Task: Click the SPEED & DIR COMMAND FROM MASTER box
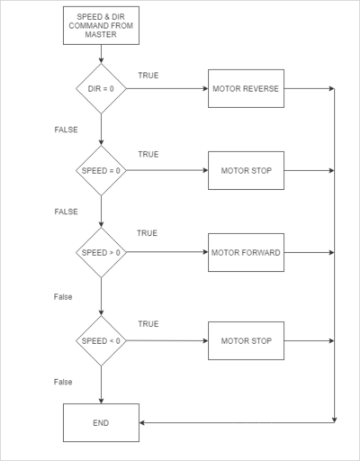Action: coord(101,25)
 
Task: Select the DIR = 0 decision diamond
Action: coord(101,88)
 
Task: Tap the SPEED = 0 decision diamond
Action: coord(101,170)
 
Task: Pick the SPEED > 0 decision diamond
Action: coord(101,252)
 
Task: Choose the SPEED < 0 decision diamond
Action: coord(101,340)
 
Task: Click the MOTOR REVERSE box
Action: coord(246,88)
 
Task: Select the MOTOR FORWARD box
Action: coord(246,252)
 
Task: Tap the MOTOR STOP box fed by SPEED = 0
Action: coord(246,170)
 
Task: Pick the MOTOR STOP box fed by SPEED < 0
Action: coord(246,340)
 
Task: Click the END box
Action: coord(101,422)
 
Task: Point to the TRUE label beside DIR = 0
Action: coord(148,76)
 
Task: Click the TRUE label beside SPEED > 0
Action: coord(147,233)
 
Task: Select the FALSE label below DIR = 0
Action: coord(66,130)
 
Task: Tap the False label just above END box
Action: coord(63,382)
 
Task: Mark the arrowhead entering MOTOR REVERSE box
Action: coord(206,88)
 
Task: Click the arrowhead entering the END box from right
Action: coord(142,422)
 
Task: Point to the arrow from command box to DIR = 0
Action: coord(101,54)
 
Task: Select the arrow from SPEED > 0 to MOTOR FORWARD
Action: coord(167,252)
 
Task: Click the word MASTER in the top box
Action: coord(101,34)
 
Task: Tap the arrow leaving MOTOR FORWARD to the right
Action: coord(309,252)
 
